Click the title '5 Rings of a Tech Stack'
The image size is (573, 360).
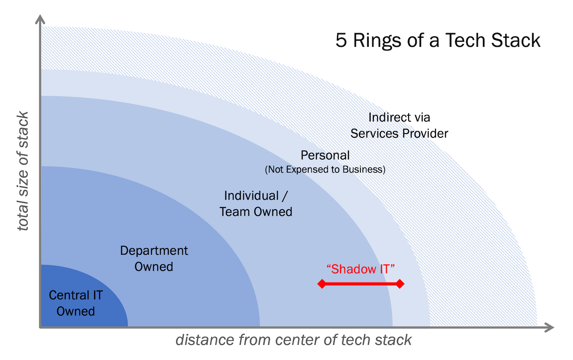tap(438, 41)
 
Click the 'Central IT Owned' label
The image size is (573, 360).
tap(76, 303)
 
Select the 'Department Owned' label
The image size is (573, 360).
tap(154, 258)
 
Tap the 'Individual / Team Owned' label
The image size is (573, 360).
tap(256, 204)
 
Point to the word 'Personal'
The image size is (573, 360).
tap(325, 155)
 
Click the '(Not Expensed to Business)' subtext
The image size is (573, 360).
tap(325, 169)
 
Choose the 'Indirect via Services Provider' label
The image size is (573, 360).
tap(399, 125)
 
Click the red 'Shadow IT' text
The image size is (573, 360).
tap(360, 269)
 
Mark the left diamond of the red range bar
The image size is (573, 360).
tap(322, 284)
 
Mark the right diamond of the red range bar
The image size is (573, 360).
tap(400, 284)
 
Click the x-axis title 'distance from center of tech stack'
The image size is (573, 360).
tap(293, 340)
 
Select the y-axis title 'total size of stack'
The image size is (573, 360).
tap(23, 171)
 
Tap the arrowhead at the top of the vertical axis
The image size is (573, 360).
tap(40, 19)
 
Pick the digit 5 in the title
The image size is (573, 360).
tap(341, 41)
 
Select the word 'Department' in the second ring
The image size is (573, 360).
tap(154, 251)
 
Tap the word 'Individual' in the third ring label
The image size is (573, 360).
tap(251, 196)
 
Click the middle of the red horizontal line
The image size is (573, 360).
tap(360, 284)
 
